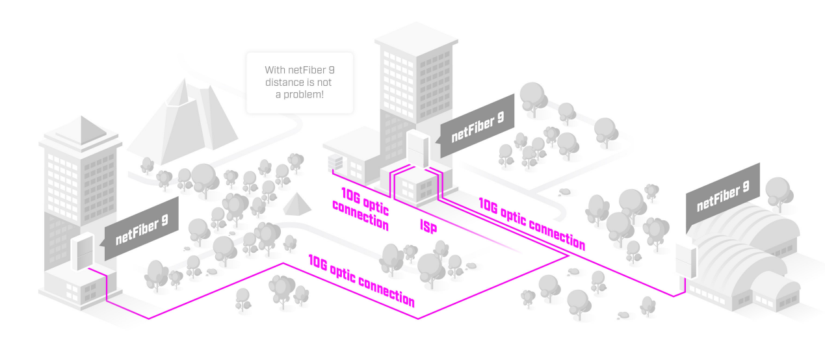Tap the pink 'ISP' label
point(428,226)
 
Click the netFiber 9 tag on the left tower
point(142,229)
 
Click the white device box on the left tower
point(82,251)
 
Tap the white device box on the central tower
point(418,149)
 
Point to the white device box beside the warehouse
point(686,261)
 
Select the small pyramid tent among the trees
point(297,204)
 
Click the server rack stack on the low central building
point(335,162)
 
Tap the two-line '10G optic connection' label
point(361,209)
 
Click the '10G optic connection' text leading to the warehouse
point(532,224)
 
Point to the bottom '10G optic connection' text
point(361,281)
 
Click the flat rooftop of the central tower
point(416,38)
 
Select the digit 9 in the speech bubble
point(332,70)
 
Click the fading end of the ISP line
point(519,251)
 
